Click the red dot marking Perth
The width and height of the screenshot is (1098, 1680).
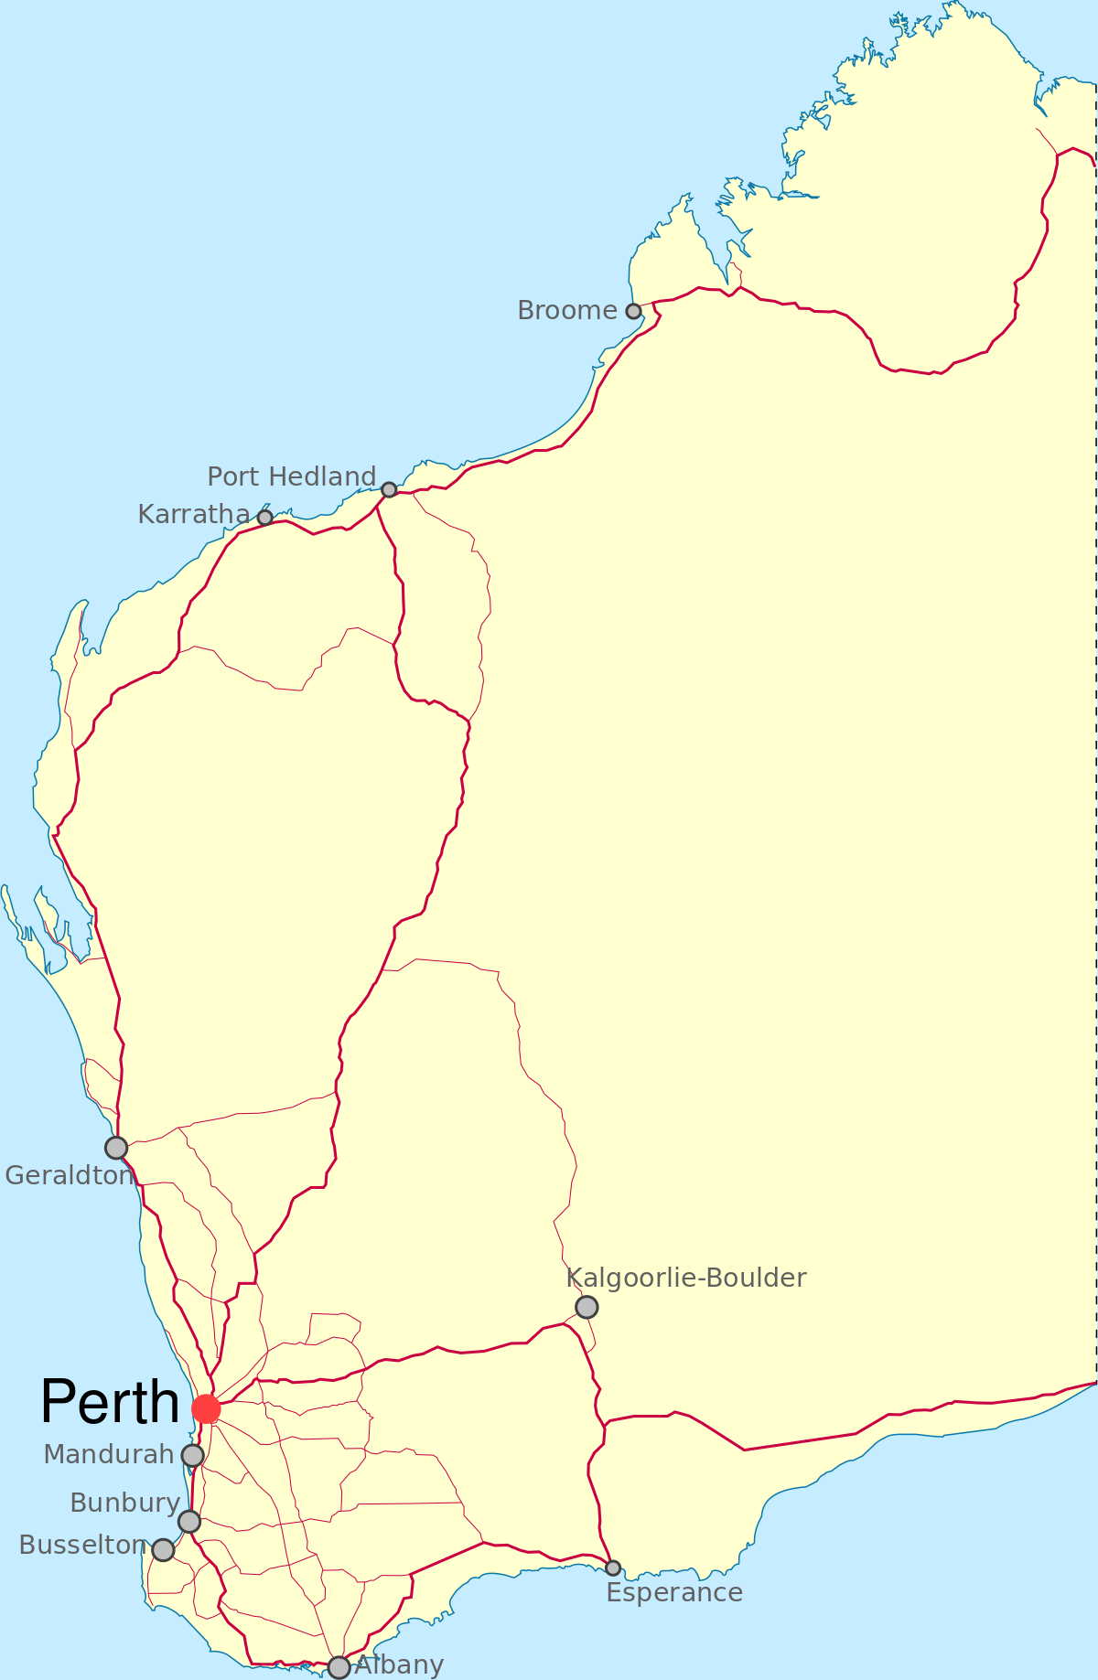207,1409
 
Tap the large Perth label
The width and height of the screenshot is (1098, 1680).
110,1402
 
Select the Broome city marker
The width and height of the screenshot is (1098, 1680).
633,311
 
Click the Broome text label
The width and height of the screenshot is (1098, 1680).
566,311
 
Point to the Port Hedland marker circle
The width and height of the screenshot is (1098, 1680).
389,490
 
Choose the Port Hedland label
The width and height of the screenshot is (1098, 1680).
291,476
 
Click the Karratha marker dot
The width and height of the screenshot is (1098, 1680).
265,518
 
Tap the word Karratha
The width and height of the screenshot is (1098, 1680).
193,515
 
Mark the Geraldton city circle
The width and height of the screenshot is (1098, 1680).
116,1148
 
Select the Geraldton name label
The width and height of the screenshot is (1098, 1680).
69,1176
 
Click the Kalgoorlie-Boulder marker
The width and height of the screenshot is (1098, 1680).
587,1307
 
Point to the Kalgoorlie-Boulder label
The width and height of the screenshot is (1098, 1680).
686,1279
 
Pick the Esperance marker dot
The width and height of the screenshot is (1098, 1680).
613,1568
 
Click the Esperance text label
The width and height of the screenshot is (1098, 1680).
674,1593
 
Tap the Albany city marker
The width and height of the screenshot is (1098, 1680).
339,1667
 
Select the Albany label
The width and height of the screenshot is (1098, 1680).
400,1664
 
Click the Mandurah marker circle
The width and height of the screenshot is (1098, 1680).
192,1455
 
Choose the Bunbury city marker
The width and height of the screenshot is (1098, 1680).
189,1522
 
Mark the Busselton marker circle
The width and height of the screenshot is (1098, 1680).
163,1550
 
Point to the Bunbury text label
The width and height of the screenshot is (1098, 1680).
124,1503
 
